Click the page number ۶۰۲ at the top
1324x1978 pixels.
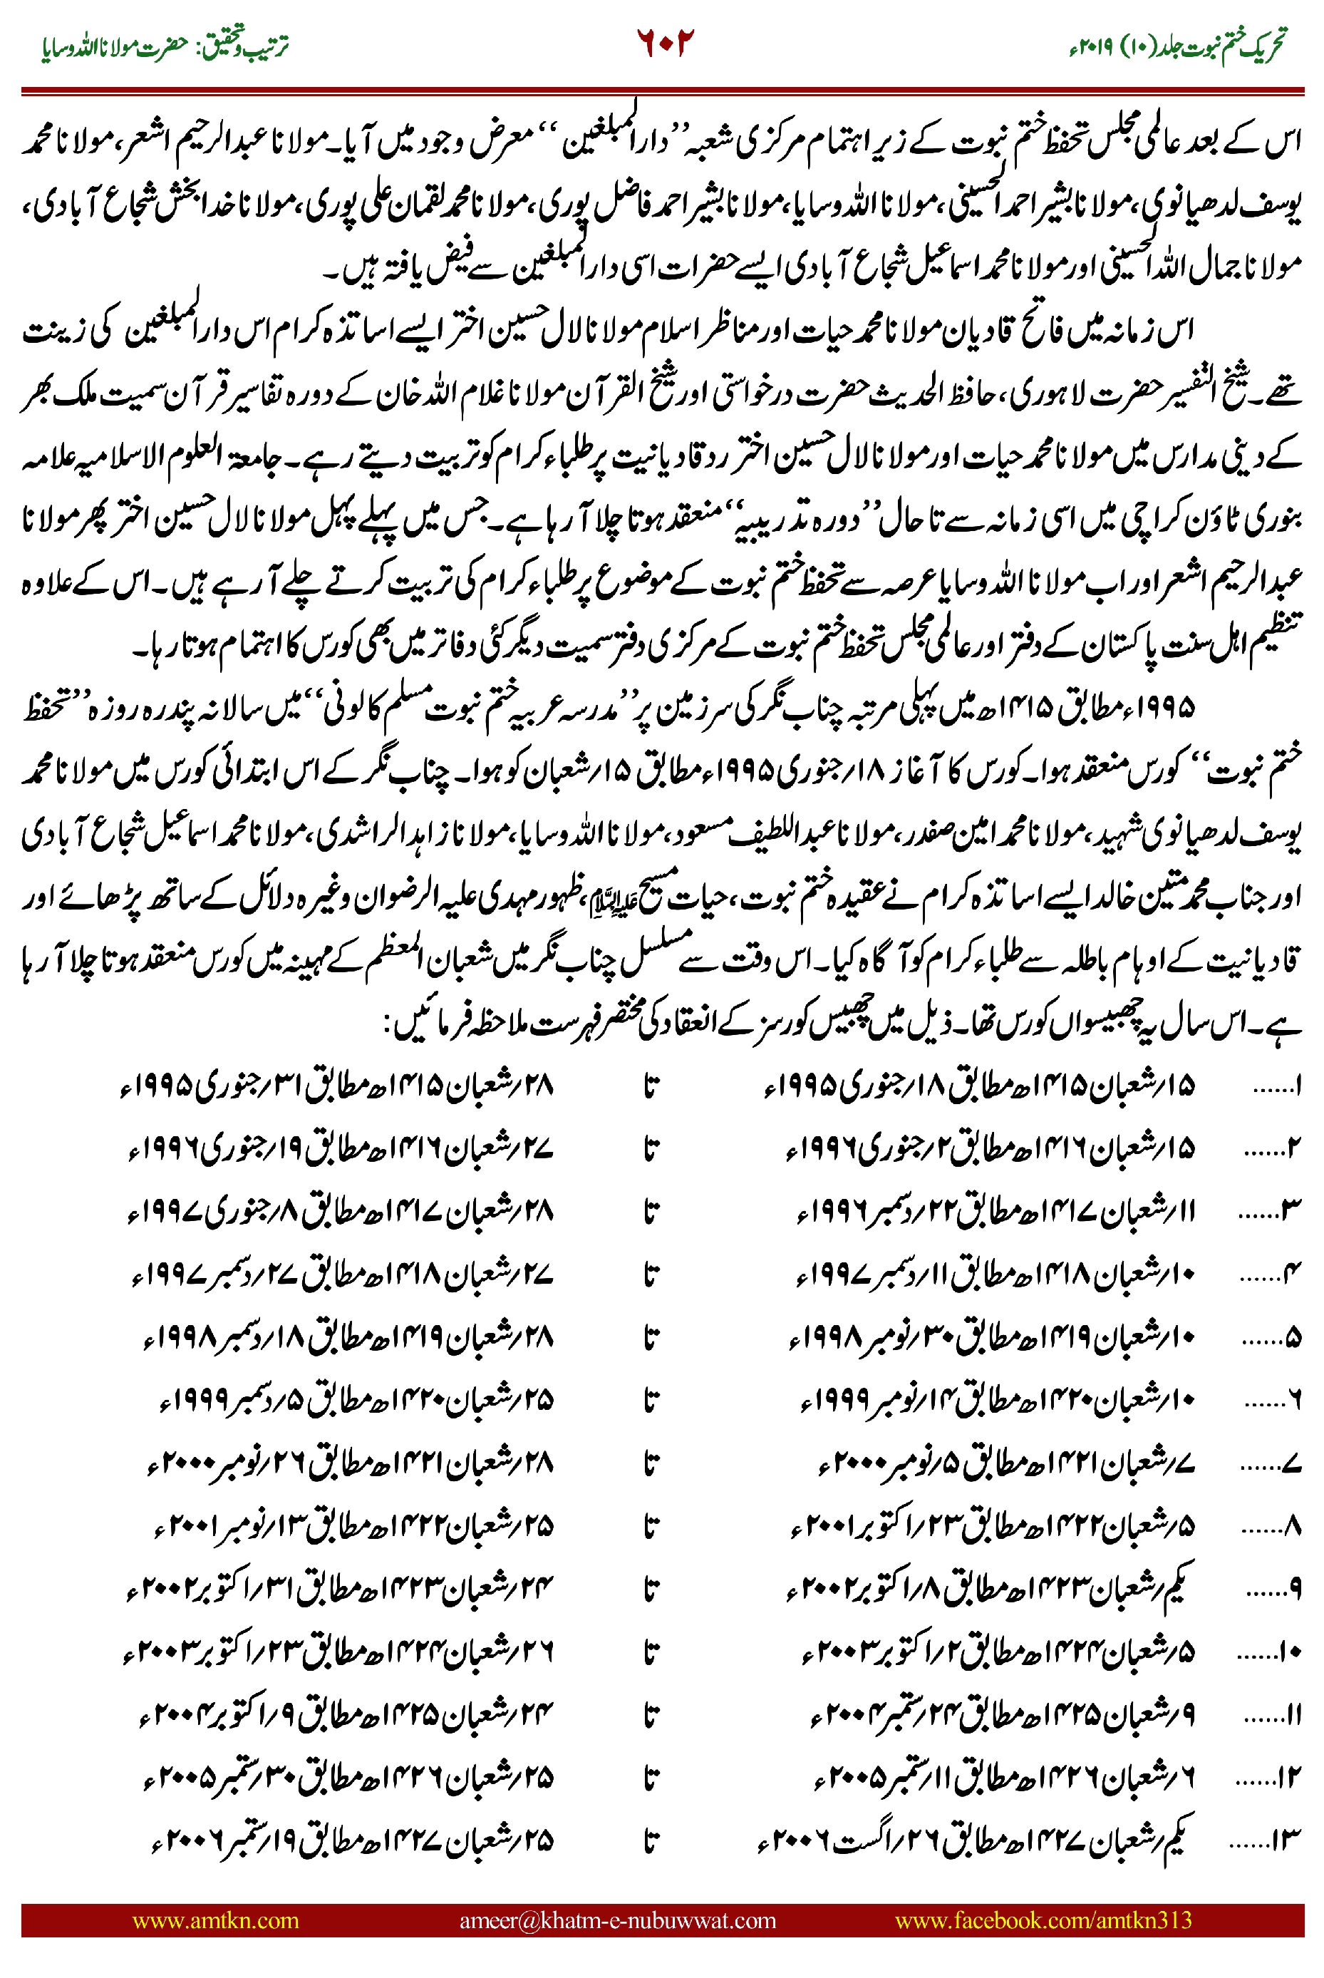663,42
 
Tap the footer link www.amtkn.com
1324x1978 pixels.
215,1920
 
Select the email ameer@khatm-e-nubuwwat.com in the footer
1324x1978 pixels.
617,1920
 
